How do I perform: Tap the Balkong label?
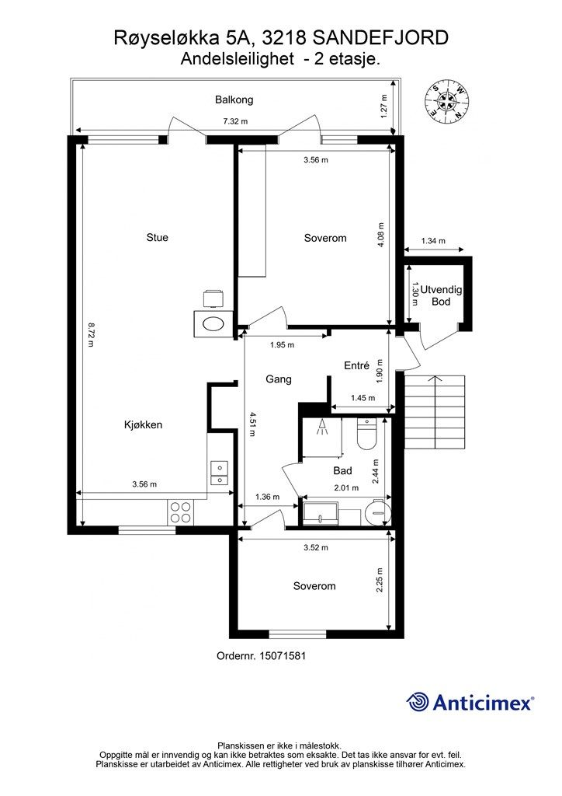tap(234, 99)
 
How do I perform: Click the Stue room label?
tap(157, 237)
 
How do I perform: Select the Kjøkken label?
tap(144, 425)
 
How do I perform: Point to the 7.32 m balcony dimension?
tap(236, 121)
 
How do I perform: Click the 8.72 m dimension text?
tap(92, 335)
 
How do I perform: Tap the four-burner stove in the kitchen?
tap(180, 511)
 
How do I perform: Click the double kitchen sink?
tap(220, 473)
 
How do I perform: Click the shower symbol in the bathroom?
tap(322, 427)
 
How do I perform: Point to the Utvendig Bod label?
tap(441, 295)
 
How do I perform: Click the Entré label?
tap(357, 365)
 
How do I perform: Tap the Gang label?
tap(279, 379)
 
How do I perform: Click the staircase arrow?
tap(435, 378)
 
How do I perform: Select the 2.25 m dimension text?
tap(380, 580)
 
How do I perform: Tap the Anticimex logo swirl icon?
tap(418, 702)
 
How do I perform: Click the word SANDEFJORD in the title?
tap(380, 37)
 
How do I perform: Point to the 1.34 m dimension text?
tap(433, 241)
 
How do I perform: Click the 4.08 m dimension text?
tap(381, 235)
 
